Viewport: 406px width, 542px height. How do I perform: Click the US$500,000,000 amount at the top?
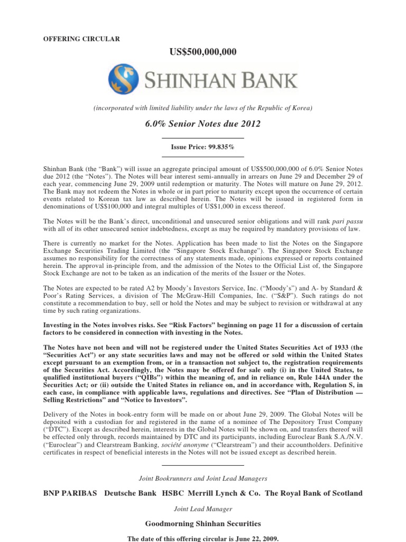tap(202, 51)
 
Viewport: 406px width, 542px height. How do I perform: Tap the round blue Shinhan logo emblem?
tap(122, 79)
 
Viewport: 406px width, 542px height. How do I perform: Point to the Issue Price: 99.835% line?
tap(202, 146)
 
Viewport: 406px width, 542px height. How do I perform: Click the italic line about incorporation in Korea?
tap(202, 108)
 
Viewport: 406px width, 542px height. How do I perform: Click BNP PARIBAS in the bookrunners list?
tap(70, 493)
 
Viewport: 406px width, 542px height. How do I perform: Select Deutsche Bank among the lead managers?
tap(131, 493)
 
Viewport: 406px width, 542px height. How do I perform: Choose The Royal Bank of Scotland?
tap(313, 493)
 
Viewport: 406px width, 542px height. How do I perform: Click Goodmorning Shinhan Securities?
tap(202, 523)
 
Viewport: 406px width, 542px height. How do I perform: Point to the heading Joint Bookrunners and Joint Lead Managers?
tap(202, 478)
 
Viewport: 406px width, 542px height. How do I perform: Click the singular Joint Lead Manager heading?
tap(202, 509)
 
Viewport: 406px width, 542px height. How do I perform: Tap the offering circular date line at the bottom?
tap(202, 538)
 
